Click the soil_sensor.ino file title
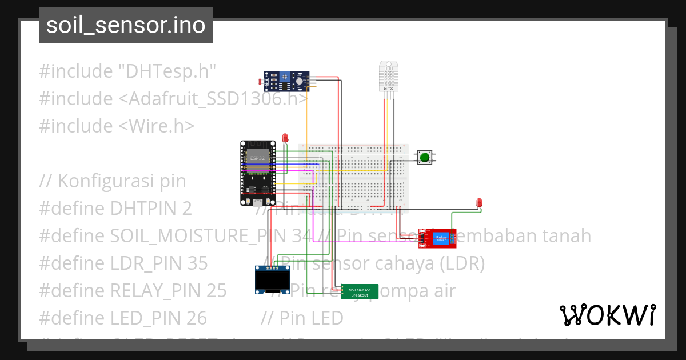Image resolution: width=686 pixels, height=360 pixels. (126, 26)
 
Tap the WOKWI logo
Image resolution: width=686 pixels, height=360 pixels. (607, 315)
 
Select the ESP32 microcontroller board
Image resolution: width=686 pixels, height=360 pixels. (257, 173)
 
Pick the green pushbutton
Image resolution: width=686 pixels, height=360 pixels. (424, 157)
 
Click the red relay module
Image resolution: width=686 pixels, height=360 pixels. (438, 238)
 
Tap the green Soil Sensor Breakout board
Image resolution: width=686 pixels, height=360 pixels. (360, 292)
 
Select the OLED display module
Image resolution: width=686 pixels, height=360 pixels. (270, 279)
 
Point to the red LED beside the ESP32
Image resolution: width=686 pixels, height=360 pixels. (285, 138)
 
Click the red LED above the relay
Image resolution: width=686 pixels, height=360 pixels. (479, 203)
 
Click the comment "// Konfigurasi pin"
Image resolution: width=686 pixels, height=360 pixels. (113, 181)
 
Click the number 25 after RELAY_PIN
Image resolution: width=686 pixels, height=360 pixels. (216, 290)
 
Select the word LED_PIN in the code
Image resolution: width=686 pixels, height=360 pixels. (142, 318)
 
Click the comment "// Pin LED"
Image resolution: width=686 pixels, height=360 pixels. (302, 318)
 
